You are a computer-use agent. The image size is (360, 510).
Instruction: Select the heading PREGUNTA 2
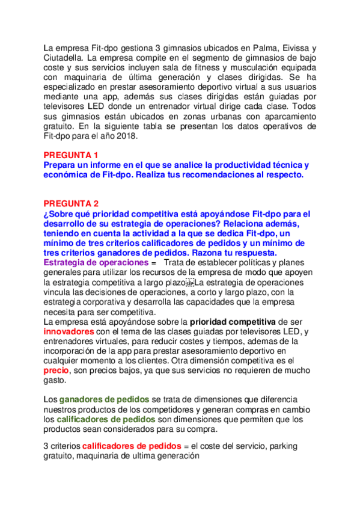[71, 203]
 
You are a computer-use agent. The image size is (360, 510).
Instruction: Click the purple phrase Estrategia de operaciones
[96, 263]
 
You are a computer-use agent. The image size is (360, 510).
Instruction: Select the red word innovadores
[69, 331]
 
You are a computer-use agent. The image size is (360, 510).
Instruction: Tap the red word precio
[57, 371]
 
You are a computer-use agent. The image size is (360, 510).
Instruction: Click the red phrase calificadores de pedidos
[132, 446]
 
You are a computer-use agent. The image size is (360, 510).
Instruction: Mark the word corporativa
[104, 303]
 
